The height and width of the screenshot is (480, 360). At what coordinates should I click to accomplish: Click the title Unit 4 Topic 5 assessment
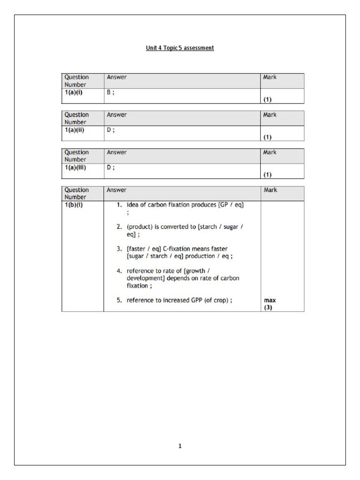click(180, 48)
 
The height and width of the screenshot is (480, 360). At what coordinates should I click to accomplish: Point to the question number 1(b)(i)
click(75, 205)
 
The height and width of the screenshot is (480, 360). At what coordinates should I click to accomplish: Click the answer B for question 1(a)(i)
click(109, 93)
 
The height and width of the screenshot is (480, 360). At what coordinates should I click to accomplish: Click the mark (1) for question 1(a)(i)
click(268, 100)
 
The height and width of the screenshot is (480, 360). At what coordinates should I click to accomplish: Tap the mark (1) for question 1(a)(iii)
click(268, 175)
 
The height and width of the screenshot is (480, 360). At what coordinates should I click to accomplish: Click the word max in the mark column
click(269, 300)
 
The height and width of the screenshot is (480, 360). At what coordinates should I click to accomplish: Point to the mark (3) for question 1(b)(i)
click(268, 307)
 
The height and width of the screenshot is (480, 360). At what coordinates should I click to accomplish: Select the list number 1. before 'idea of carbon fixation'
click(120, 205)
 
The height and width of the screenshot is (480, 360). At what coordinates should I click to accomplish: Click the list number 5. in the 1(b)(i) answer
click(120, 300)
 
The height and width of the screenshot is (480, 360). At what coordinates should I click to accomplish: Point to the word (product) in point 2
click(139, 227)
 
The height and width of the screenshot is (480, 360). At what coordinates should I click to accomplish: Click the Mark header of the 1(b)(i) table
click(270, 190)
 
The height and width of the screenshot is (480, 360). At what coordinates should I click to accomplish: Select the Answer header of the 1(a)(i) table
click(117, 77)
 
